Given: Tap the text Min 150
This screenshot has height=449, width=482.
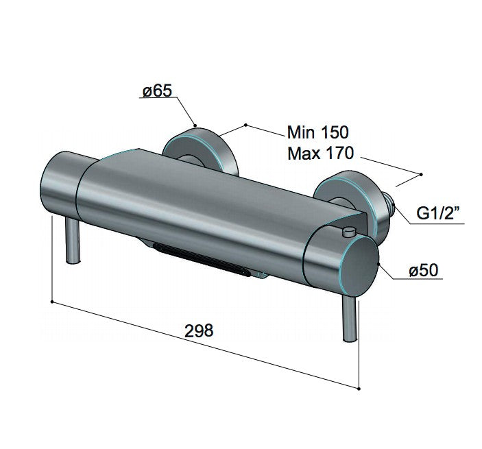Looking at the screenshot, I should (x=317, y=132).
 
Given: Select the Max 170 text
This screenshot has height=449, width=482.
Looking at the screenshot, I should (x=320, y=153).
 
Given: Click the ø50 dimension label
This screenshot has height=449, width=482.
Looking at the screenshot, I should (x=423, y=271).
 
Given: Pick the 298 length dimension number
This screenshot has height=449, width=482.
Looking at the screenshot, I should (x=200, y=330).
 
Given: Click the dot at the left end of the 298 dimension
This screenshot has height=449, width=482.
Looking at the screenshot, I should (x=53, y=300).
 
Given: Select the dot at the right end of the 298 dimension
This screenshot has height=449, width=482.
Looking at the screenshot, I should (x=359, y=388).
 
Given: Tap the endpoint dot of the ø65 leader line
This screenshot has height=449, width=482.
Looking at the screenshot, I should (x=195, y=125).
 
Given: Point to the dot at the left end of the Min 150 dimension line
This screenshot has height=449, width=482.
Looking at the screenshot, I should (x=245, y=125).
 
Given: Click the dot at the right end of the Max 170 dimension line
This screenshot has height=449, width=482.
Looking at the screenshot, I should (x=422, y=173).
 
